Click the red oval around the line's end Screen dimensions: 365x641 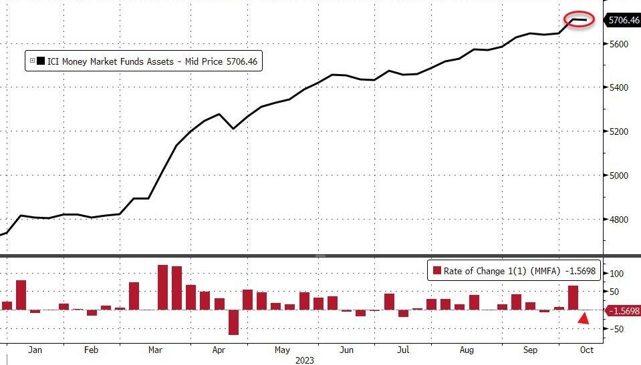pyautogui.click(x=580, y=20)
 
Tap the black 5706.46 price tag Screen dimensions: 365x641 pyautogui.click(x=621, y=21)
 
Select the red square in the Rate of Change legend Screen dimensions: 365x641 pyautogui.click(x=438, y=271)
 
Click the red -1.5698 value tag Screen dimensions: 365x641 pyautogui.click(x=621, y=311)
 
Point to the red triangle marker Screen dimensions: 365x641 pyautogui.click(x=584, y=320)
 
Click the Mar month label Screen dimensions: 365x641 pyautogui.click(x=156, y=349)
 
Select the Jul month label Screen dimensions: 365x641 pyautogui.click(x=403, y=349)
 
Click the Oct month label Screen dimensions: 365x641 pyautogui.click(x=586, y=349)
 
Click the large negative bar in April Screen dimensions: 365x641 pyautogui.click(x=233, y=322)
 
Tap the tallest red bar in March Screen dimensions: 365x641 pyautogui.click(x=162, y=287)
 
